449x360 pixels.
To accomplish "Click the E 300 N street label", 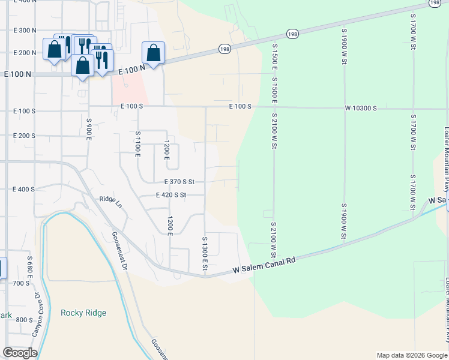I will [x=25, y=30].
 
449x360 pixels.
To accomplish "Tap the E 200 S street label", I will [x=24, y=136].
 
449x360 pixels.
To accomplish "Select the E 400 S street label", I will [x=24, y=189].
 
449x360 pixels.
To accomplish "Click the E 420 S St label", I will [x=171, y=195].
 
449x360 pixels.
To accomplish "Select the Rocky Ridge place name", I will [x=83, y=313].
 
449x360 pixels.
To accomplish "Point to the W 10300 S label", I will [x=361, y=108].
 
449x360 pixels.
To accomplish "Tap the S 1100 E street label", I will [x=137, y=143].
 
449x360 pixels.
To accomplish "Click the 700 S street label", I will [x=20, y=283].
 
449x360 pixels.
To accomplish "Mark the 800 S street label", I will [x=25, y=320].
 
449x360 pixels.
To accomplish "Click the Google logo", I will [x=20, y=353].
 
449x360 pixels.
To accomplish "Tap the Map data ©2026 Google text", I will [x=411, y=355].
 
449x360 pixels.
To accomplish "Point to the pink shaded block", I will [x=129, y=91].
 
